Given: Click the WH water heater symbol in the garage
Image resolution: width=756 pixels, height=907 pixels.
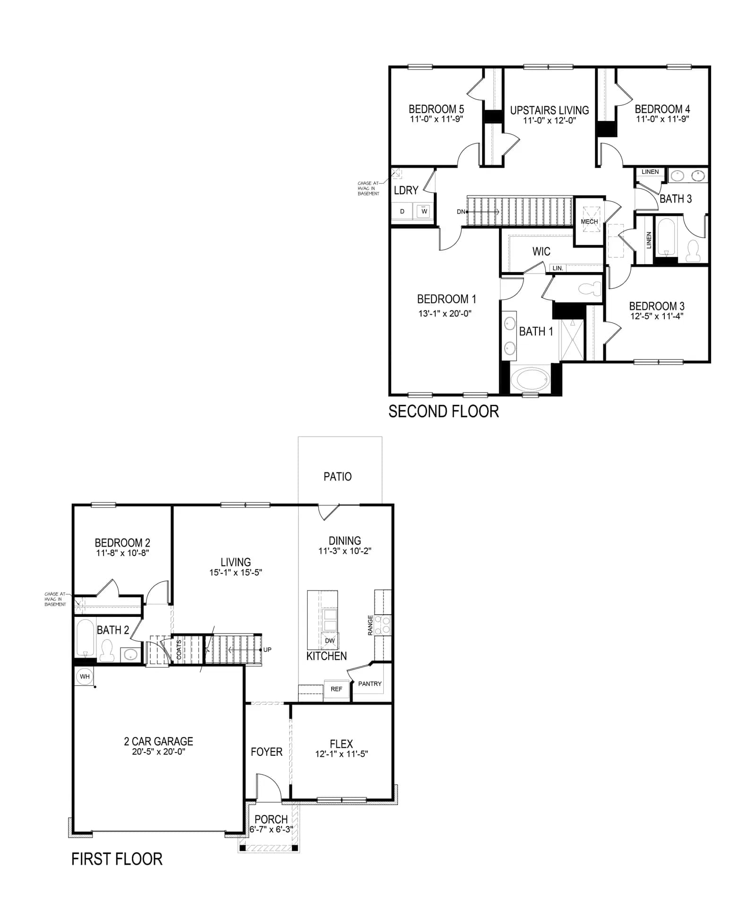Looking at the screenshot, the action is point(85,676).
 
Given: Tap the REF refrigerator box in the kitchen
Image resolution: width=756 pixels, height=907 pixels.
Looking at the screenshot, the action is point(336,689).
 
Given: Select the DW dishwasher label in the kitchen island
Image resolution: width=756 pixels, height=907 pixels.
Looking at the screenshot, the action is point(330,641).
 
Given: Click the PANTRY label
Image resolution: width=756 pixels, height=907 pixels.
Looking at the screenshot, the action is point(370,684).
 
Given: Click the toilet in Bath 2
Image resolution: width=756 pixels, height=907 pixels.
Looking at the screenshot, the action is point(107,650).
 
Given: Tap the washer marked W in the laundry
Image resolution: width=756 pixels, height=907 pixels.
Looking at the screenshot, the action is point(424,211).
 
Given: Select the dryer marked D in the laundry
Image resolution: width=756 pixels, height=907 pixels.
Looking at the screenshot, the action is point(402,211).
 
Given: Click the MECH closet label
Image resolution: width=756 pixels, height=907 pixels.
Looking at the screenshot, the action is point(589,222).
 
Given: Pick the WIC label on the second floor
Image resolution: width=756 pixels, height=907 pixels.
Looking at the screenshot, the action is point(541,251).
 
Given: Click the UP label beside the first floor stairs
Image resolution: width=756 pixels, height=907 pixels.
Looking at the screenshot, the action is point(267,650).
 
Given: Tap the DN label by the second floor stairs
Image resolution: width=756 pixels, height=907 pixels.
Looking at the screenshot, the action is point(461,212).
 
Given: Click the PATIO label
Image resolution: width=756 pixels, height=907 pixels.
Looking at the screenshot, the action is point(337,477).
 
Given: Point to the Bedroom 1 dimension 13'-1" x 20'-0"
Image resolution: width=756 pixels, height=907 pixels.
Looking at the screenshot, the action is point(445,313).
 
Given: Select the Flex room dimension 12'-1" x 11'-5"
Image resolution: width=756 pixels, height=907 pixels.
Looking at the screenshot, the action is point(342,754).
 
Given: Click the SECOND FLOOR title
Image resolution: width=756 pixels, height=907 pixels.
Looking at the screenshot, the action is point(444,411).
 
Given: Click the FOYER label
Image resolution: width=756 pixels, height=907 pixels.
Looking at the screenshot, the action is point(266,752).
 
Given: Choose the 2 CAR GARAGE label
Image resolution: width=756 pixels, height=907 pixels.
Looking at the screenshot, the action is point(158,741).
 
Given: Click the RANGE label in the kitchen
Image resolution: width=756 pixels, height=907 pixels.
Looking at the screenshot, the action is point(370,625).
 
